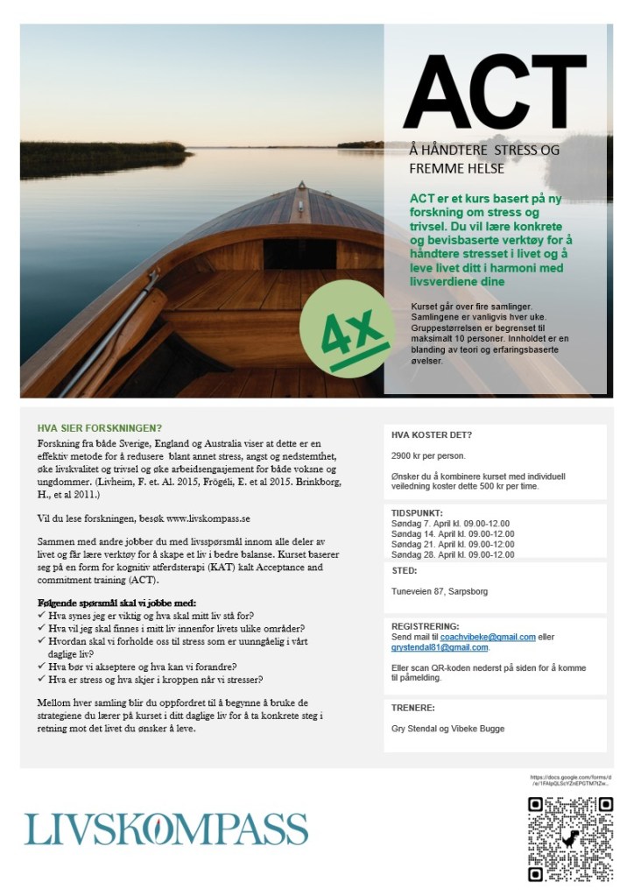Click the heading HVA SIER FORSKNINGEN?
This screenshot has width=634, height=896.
point(99,428)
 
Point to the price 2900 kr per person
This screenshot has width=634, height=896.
point(428,456)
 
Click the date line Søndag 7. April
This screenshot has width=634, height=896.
point(452,523)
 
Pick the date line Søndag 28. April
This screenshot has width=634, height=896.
point(453,554)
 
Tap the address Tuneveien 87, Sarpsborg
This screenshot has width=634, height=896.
point(439,592)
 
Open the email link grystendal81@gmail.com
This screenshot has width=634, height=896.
point(439,647)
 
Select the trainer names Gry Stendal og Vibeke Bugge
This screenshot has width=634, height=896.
point(447,728)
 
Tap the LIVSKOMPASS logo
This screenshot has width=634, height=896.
point(166,829)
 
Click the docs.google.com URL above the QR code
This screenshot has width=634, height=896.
point(571,781)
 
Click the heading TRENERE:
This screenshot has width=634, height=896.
point(413,707)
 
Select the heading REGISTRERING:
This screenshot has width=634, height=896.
point(426,626)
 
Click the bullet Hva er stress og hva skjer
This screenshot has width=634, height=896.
point(161,679)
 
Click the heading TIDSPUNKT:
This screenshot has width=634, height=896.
point(418,512)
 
